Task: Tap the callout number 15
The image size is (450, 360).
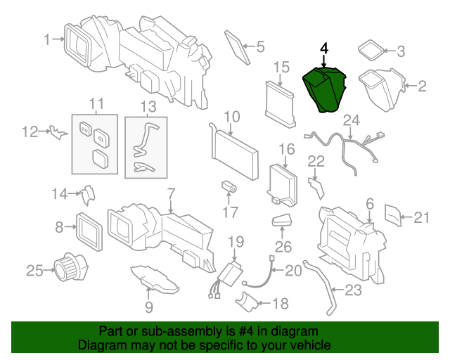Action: tap(281, 67)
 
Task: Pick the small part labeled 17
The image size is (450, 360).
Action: tap(229, 187)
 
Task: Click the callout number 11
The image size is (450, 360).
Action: tap(96, 104)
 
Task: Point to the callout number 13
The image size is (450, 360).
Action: tap(146, 106)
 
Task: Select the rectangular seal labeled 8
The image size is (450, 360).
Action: tap(89, 227)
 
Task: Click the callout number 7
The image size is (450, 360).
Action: tap(169, 193)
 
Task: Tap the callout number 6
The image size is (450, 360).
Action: tap(370, 204)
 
